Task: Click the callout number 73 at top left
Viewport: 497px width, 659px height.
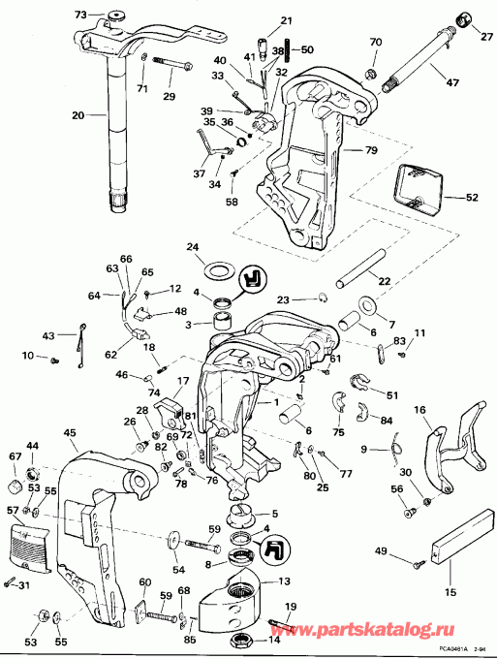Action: tap(81, 15)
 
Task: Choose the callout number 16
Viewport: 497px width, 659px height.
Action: tap(421, 411)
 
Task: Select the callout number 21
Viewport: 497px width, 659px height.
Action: tap(259, 20)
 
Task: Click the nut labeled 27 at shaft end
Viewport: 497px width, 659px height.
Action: tap(463, 19)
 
